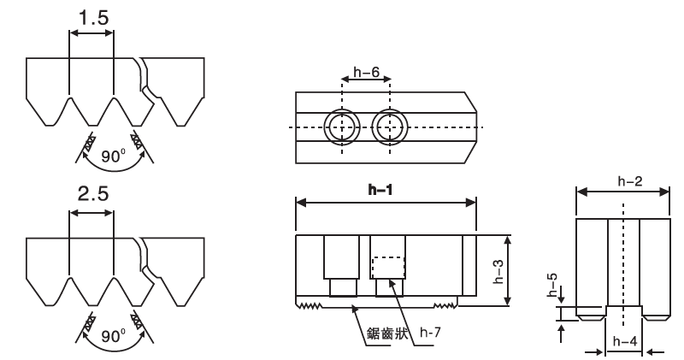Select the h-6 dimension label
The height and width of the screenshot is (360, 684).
pos(366,73)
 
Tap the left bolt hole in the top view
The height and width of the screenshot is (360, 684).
pos(342,127)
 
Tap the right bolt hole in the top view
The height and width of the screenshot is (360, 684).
pos(391,127)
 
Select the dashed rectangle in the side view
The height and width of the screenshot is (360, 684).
pos(387,266)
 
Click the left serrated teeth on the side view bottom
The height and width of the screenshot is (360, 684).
pos(310,304)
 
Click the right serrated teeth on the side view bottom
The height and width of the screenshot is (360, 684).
pos(445,304)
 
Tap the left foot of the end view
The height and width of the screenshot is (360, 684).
pos(587,314)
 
